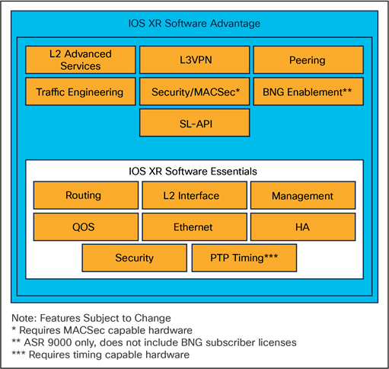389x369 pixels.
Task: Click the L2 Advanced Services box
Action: click(x=80, y=59)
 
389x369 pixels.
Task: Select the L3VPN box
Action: click(x=194, y=59)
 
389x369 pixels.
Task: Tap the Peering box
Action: click(x=307, y=59)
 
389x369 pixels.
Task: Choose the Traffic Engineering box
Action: click(x=80, y=91)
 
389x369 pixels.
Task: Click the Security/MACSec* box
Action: click(x=194, y=91)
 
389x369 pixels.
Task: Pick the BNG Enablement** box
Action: click(x=307, y=91)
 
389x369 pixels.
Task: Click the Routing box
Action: click(x=84, y=195)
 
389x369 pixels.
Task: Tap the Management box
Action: click(x=302, y=195)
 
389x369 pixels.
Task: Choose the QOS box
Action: click(x=84, y=226)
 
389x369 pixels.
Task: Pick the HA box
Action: click(x=302, y=226)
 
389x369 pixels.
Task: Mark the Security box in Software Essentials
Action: click(x=134, y=258)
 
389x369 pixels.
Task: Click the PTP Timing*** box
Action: click(x=244, y=258)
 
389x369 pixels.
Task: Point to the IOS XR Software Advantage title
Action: click(x=194, y=24)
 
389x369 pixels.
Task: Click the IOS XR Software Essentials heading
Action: click(x=194, y=171)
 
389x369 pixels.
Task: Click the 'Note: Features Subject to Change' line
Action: click(x=91, y=317)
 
